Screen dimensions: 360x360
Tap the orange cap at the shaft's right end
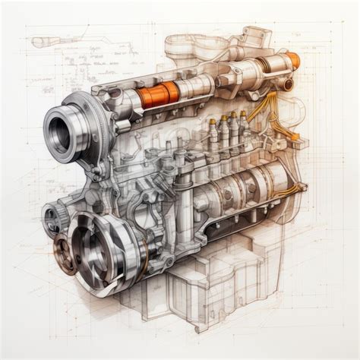tap(292, 61)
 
